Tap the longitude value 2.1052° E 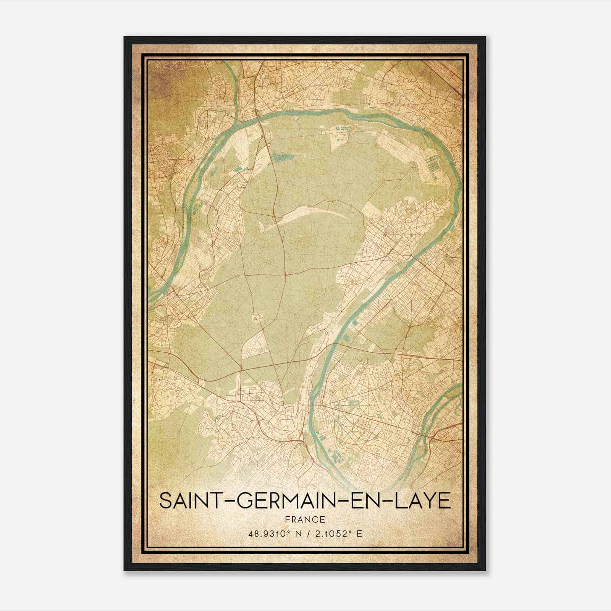(x=338, y=534)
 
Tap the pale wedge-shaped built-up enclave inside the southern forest (x=254, y=344)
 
